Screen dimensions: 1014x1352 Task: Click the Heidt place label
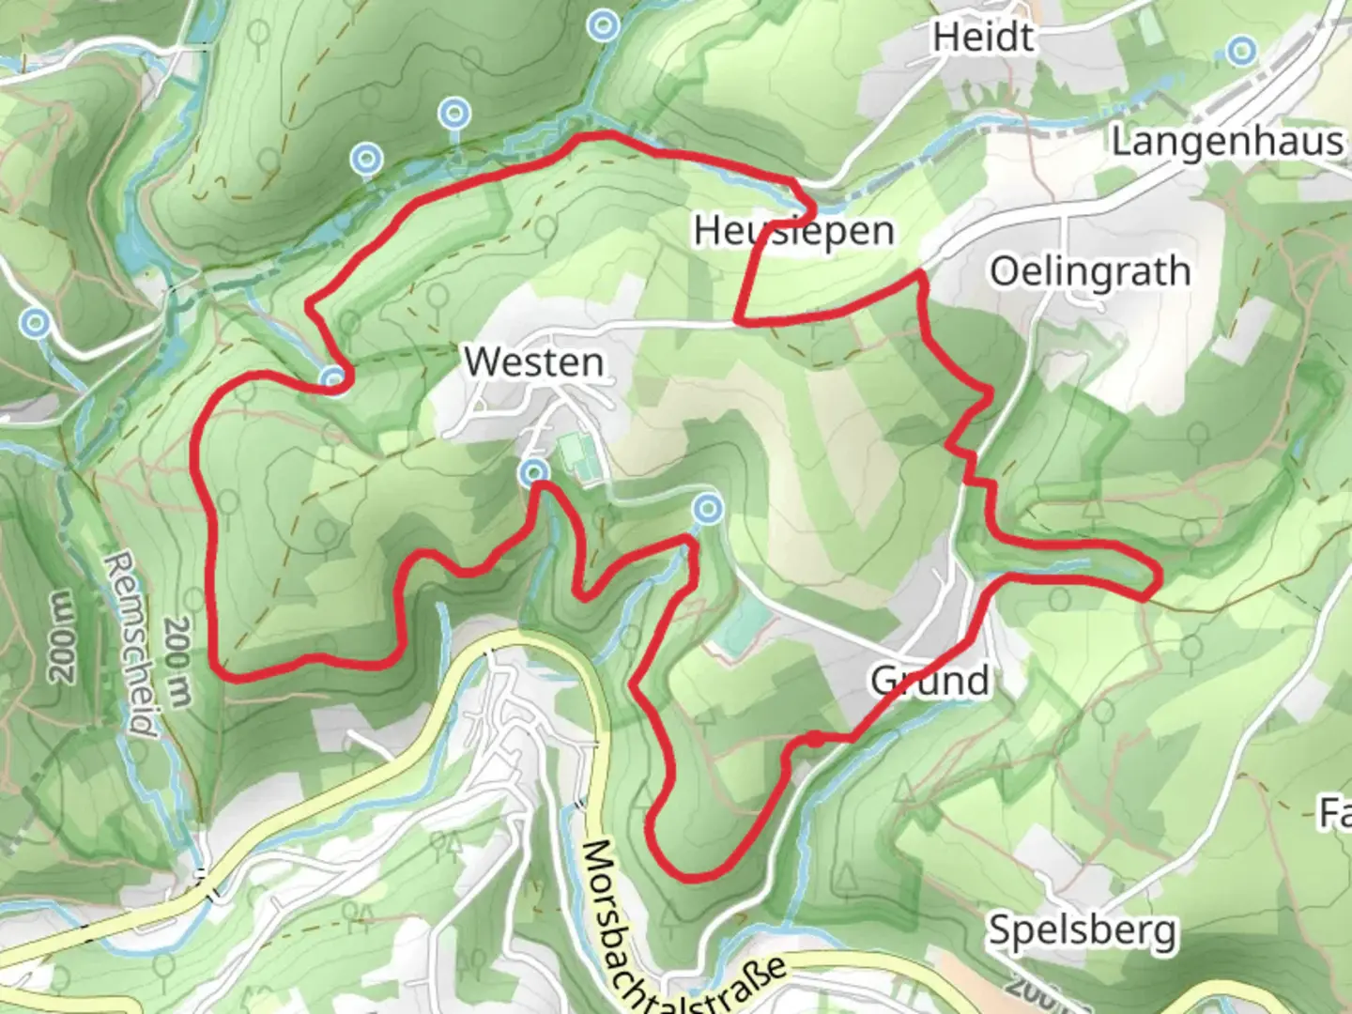[x=983, y=38]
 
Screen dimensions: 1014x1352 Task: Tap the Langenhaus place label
[x=1226, y=142]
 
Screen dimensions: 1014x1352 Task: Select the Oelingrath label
[x=1090, y=272]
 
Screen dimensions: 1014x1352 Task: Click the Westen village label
[x=533, y=362]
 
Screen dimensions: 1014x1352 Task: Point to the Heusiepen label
[x=793, y=231]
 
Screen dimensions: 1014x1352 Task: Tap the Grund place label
[x=929, y=680]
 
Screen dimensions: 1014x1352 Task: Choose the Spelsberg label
[x=1082, y=930]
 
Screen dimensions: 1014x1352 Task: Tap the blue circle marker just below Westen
[x=535, y=471]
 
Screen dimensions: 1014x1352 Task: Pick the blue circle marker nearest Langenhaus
[x=1242, y=50]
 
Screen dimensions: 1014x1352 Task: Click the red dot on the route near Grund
[x=816, y=740]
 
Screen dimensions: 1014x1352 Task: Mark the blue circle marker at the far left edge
[x=36, y=324]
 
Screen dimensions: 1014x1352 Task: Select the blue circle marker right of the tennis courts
[x=708, y=509]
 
